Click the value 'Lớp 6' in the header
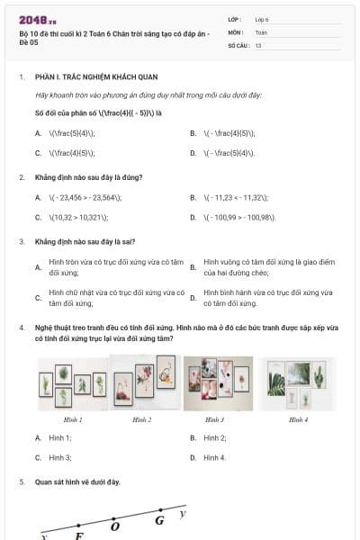coord(262,18)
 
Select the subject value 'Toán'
coord(261,31)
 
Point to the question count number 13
coord(258,44)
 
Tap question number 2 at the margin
coord(22,177)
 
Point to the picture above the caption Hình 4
coord(298,383)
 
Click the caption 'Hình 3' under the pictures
coord(214,419)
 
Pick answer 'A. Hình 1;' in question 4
coord(59,437)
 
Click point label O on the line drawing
coord(114,526)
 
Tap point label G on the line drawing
coord(159,520)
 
